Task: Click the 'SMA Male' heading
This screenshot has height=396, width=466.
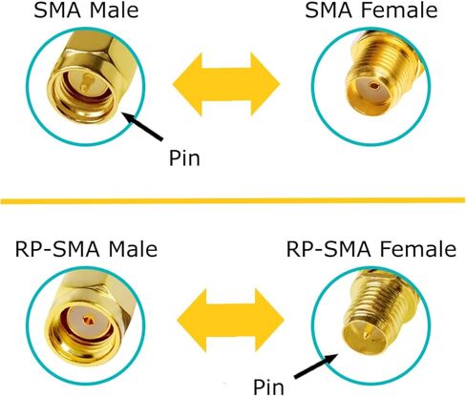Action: tap(86, 10)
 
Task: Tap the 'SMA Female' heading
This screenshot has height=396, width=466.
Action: tap(371, 10)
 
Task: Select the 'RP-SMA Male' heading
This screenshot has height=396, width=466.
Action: tap(86, 249)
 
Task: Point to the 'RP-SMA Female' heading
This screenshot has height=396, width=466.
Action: tap(371, 249)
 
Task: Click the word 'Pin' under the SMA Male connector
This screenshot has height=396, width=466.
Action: tap(184, 157)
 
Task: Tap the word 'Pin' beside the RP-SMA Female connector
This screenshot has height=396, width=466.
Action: tap(268, 386)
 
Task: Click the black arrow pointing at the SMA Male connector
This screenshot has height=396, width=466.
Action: tap(142, 126)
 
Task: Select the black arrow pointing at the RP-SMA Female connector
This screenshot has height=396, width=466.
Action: tap(316, 365)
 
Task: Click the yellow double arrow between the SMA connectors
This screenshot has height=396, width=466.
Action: tap(226, 84)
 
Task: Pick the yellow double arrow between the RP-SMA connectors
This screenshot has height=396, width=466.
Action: tap(230, 321)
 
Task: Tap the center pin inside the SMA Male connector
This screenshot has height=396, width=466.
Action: tap(85, 82)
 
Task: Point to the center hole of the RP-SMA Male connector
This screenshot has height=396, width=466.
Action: tap(89, 321)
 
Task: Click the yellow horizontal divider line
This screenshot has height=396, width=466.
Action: tap(233, 200)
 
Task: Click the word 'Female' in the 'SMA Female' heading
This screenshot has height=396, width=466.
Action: tap(399, 10)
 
